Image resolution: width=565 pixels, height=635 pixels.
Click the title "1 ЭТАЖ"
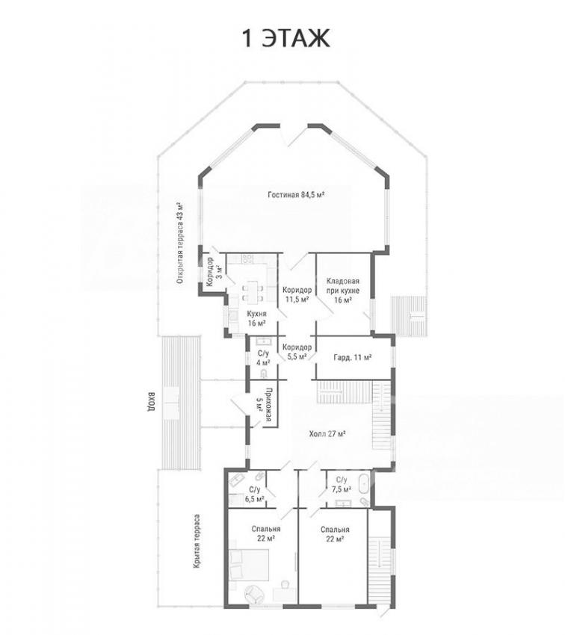[x=286, y=38]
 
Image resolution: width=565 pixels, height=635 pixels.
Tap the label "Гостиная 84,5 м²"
[x=296, y=195]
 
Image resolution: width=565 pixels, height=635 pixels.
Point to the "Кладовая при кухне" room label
[x=342, y=291]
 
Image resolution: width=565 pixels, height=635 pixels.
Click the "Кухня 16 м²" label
[x=257, y=318]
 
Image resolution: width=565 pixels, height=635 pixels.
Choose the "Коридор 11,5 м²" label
[x=297, y=295]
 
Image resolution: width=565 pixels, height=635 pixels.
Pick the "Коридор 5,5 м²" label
[x=297, y=352]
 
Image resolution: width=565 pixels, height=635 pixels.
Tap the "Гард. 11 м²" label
[x=353, y=358]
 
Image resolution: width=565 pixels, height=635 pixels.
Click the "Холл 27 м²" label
[x=327, y=434]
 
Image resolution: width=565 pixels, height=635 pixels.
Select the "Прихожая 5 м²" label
[x=264, y=405]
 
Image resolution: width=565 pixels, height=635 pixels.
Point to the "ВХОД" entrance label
[x=151, y=402]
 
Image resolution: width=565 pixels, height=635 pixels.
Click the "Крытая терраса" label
[x=197, y=542]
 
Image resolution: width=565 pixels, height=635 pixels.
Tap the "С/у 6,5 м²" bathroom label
[x=255, y=494]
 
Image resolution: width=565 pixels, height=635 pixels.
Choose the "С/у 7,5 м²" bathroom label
[x=342, y=485]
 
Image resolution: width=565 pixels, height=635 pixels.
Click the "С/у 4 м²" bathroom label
[x=263, y=358]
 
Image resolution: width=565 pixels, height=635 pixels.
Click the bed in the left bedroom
[x=249, y=565]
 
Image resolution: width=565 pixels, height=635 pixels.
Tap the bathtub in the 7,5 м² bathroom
[x=363, y=483]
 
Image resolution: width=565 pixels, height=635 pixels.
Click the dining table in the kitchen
[x=252, y=292]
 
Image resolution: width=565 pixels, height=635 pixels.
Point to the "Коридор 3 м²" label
[x=214, y=272]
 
